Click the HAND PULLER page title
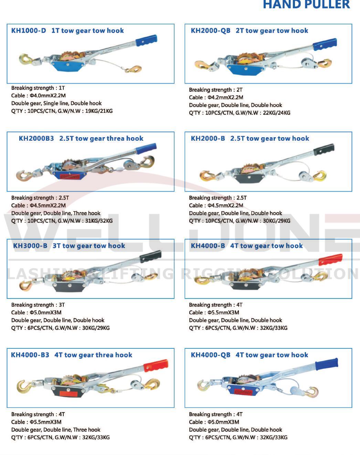pyautogui.click(x=306, y=5)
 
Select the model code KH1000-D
pyautogui.click(x=29, y=31)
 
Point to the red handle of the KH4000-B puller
pyautogui.click(x=330, y=259)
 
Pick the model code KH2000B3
pyautogui.click(x=36, y=139)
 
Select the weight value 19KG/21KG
pyautogui.click(x=99, y=111)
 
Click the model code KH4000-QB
pyautogui.click(x=210, y=355)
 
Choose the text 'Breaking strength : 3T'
pyautogui.click(x=38, y=305)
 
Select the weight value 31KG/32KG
pyautogui.click(x=99, y=221)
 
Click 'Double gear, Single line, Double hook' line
pyautogui.click(x=56, y=103)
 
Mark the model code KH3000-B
pyautogui.click(x=30, y=246)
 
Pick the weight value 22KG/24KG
pyautogui.click(x=276, y=113)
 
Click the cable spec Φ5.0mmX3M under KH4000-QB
pyautogui.click(x=223, y=422)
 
